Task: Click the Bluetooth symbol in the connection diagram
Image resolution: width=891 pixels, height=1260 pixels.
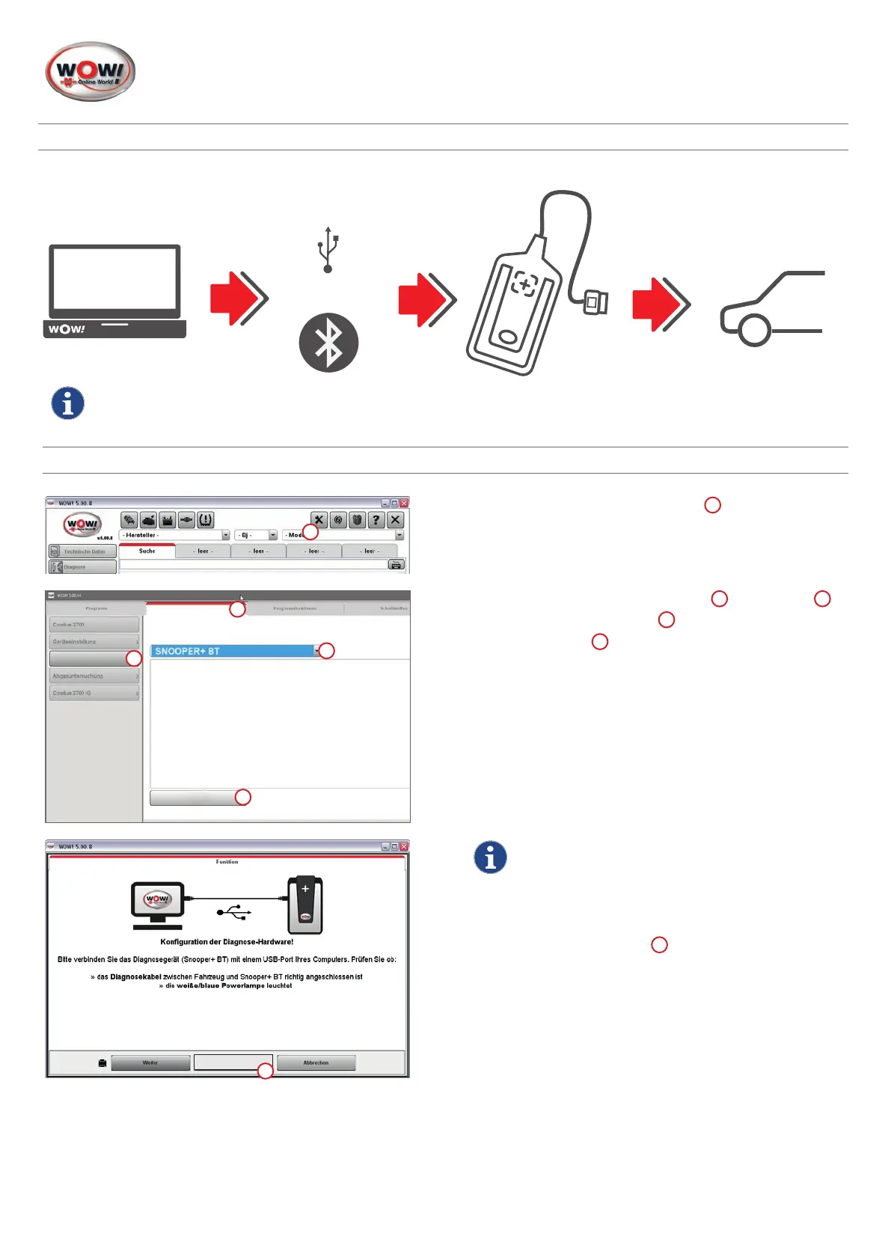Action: point(328,343)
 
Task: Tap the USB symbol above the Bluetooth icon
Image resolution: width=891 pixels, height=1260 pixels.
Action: point(328,249)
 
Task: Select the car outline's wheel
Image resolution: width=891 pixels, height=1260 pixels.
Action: point(754,330)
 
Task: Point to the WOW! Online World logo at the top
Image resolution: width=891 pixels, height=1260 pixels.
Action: point(91,72)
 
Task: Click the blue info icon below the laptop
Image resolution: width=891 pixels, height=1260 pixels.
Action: point(67,403)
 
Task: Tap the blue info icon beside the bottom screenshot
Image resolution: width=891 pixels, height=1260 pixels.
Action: point(490,857)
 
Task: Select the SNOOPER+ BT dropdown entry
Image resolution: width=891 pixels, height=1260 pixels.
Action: point(233,651)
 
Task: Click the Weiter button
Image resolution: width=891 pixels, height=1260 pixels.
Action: point(150,1062)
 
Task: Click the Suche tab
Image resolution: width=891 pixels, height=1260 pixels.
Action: point(147,551)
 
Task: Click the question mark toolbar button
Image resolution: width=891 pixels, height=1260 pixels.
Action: point(376,519)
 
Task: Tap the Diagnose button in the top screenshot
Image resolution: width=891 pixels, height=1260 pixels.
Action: point(82,567)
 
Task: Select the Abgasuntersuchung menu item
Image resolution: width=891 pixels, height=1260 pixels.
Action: point(94,676)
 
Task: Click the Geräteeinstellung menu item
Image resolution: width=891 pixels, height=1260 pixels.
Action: point(94,642)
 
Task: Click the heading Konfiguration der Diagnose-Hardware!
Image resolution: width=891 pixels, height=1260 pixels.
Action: point(227,942)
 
